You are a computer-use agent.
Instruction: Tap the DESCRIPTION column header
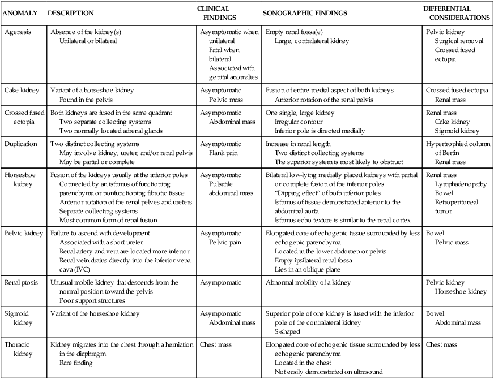pos(71,13)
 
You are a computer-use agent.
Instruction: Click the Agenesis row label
pos(18,32)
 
